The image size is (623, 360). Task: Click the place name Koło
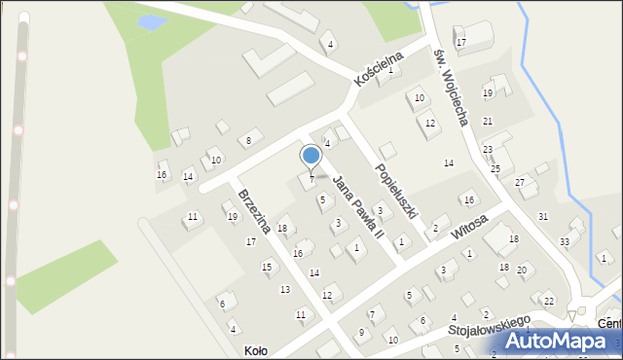255,350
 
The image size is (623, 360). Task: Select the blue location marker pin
311,157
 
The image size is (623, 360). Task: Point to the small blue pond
151,20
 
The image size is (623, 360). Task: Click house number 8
248,141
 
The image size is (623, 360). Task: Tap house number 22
549,301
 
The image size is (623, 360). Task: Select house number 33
565,241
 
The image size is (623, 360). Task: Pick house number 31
543,216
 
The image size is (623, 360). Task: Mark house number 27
520,182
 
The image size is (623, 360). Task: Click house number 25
495,169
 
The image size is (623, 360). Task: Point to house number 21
488,121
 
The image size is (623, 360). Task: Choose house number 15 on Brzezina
267,267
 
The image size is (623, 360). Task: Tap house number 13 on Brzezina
285,290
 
